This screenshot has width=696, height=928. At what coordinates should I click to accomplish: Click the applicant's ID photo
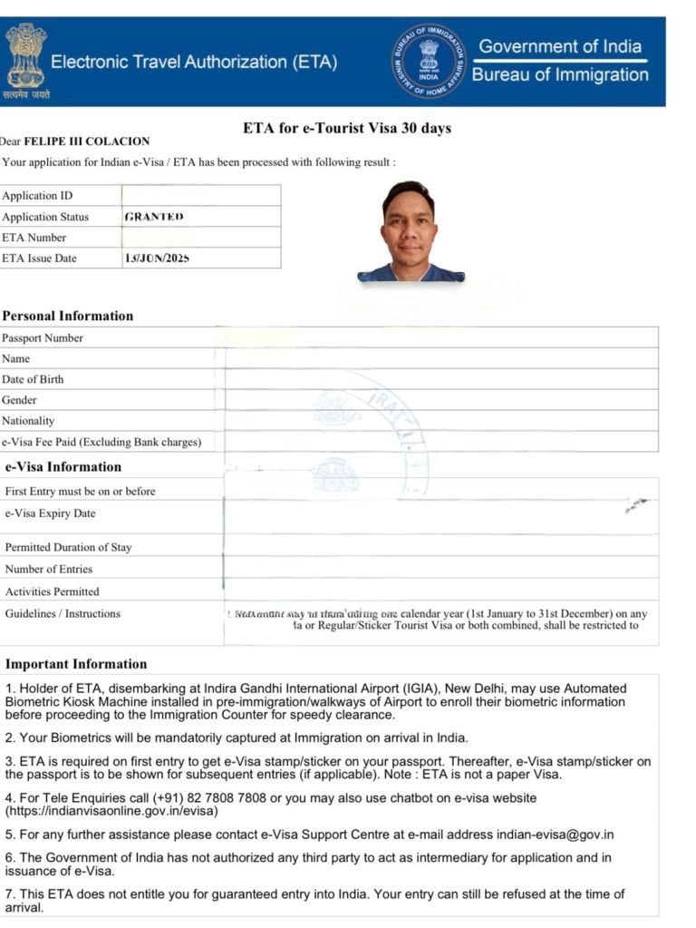[x=411, y=231]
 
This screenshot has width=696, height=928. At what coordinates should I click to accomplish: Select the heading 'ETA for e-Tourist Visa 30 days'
[x=347, y=128]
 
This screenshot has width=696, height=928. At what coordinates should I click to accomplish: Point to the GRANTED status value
[x=154, y=217]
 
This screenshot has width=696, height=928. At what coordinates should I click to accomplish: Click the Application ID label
[x=37, y=196]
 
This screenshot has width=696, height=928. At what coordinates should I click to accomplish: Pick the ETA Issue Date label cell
[x=40, y=259]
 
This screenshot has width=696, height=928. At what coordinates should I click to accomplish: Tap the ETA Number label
[x=34, y=238]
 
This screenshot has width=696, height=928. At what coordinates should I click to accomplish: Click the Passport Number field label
[x=43, y=338]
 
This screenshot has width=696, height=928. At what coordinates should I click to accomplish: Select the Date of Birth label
[x=33, y=379]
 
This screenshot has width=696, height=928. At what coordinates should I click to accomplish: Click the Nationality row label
[x=28, y=421]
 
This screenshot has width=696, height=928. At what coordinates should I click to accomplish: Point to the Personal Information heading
[x=68, y=317]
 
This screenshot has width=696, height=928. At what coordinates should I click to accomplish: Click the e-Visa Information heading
[x=63, y=467]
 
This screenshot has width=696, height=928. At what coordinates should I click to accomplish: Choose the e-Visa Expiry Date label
[x=50, y=513]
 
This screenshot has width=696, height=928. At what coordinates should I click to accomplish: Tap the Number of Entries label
[x=49, y=570]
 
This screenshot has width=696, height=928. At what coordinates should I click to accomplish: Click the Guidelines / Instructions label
[x=63, y=614]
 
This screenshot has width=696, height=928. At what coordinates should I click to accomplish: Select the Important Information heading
[x=76, y=664]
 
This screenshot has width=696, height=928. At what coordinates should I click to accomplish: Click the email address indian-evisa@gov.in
[x=555, y=835]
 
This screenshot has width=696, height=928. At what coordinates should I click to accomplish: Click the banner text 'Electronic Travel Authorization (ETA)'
[x=194, y=63]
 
